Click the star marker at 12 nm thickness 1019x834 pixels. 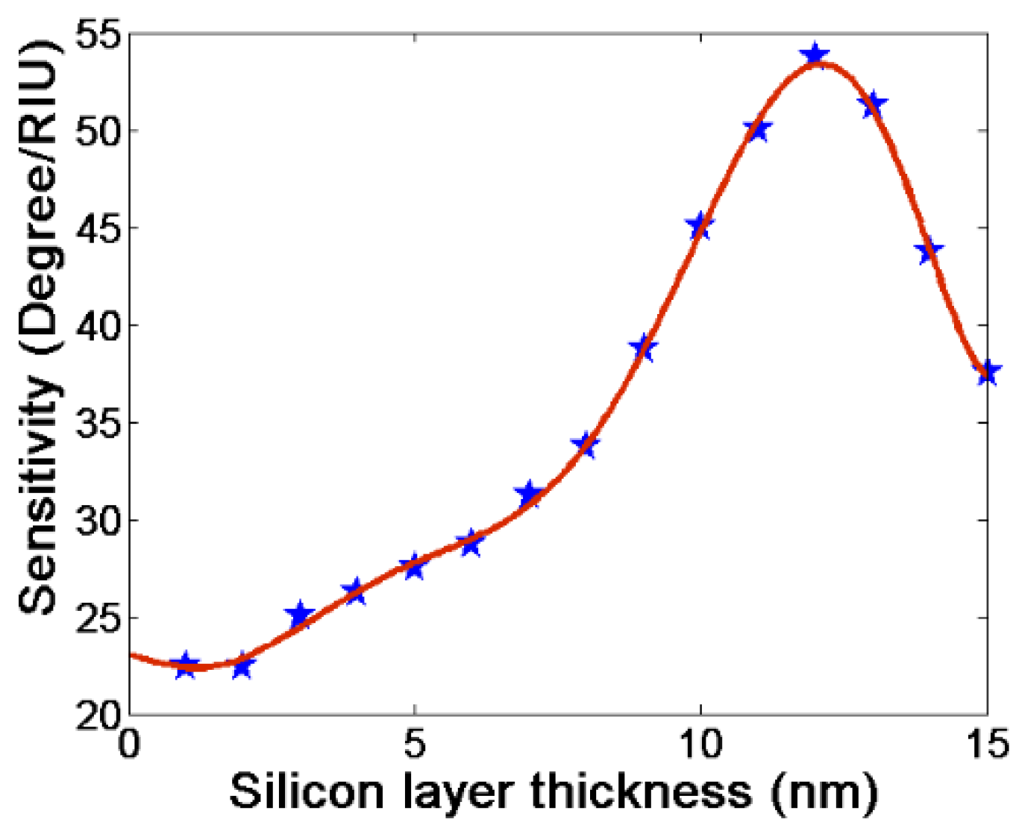(815, 55)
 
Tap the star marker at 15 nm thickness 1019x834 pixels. (988, 371)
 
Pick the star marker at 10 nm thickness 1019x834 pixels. (700, 225)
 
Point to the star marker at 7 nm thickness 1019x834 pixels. (529, 494)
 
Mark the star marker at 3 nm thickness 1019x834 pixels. (299, 615)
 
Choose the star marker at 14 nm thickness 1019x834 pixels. (929, 251)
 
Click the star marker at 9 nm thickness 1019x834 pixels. (642, 348)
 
